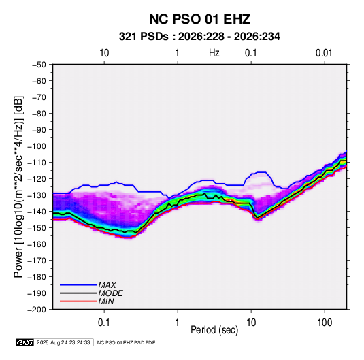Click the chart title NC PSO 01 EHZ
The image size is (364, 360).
click(x=199, y=19)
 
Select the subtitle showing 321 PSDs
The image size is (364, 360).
click(x=199, y=37)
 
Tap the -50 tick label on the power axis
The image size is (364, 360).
click(x=39, y=65)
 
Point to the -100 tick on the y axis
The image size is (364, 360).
click(x=37, y=146)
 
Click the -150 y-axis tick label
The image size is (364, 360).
click(x=37, y=227)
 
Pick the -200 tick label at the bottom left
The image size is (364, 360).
click(x=37, y=310)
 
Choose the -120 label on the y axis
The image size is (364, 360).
click(x=37, y=178)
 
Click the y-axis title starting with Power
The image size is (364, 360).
click(x=18, y=187)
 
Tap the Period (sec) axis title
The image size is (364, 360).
click(x=214, y=330)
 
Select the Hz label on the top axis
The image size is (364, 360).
click(x=214, y=53)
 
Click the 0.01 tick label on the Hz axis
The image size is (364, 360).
click(x=324, y=53)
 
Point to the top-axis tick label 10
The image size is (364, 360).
click(x=104, y=53)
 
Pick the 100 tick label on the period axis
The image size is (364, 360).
click(x=325, y=323)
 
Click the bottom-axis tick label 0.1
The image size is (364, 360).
click(x=104, y=323)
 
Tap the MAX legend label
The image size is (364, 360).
click(x=107, y=285)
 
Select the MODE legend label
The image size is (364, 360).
click(x=110, y=293)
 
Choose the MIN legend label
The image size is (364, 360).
click(x=106, y=301)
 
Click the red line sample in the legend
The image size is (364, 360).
click(x=78, y=301)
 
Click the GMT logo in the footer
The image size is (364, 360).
click(x=24, y=342)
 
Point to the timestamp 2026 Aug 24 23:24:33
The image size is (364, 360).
click(x=63, y=342)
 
